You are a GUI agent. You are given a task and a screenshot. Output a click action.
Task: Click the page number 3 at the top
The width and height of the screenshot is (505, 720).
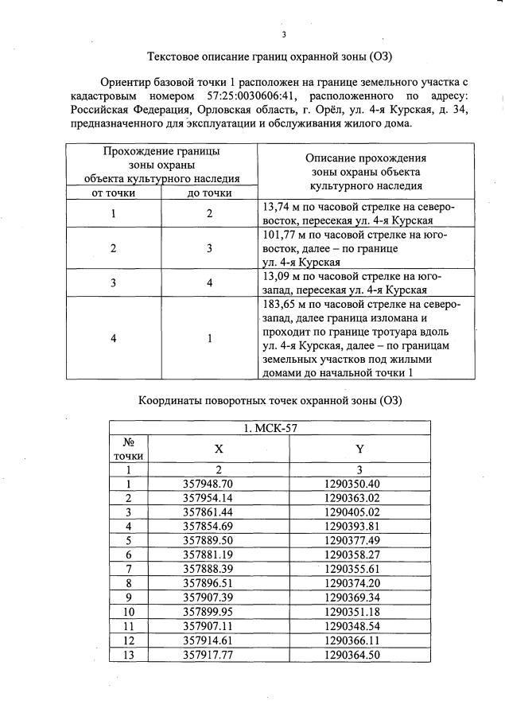tap(283, 34)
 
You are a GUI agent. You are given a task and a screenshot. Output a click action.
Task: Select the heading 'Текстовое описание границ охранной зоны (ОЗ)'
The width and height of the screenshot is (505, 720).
tap(270, 56)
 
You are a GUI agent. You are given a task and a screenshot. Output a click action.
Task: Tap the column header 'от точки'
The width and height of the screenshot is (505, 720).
tap(115, 193)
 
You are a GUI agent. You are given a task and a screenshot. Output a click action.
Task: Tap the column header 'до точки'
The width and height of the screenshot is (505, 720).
tap(209, 193)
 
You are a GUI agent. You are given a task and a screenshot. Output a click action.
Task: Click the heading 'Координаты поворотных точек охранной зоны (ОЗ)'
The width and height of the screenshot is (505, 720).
tap(270, 399)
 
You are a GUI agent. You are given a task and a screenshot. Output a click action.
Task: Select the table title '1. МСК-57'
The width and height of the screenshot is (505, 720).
tap(270, 429)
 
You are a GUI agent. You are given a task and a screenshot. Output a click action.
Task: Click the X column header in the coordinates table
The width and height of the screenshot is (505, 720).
tap(219, 449)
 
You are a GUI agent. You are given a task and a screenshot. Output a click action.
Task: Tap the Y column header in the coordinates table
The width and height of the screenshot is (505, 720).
tap(359, 449)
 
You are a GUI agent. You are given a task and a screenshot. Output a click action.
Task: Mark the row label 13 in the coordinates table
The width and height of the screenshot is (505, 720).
tap(128, 655)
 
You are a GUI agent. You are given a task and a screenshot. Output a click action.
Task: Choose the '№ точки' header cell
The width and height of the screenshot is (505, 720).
tap(128, 449)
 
